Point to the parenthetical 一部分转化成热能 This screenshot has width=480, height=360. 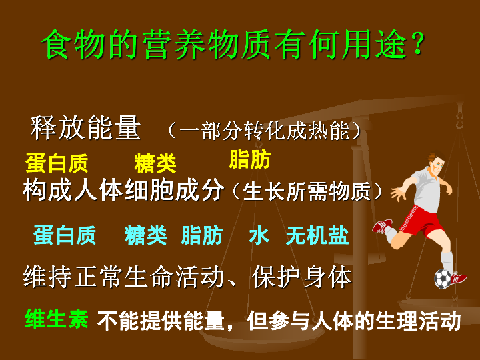264,130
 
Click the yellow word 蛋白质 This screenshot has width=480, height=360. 57,163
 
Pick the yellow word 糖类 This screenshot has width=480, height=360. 155,163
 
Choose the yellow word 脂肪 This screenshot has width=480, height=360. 249,160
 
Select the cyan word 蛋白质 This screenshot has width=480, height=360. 65,235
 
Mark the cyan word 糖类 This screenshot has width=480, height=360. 145,235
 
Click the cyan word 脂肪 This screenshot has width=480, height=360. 202,235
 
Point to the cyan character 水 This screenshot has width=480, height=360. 259,235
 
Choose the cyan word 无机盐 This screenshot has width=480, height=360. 317,235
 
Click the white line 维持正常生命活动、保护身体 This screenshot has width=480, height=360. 187,277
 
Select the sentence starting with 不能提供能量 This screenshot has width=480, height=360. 279,321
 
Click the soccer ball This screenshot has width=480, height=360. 443,278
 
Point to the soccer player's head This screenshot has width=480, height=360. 435,162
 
